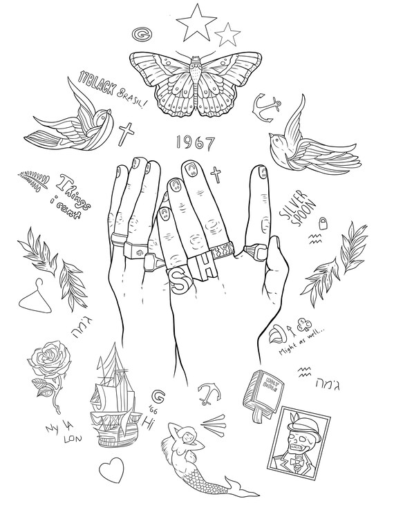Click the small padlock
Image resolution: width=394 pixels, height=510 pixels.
[x=322, y=223]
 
